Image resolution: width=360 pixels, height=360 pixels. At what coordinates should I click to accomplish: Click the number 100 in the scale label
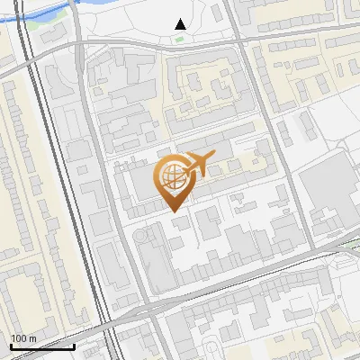click(19, 337)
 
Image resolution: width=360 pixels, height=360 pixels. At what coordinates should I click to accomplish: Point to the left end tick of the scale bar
click(10, 346)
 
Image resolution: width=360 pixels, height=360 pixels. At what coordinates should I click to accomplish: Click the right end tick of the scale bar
click(75, 346)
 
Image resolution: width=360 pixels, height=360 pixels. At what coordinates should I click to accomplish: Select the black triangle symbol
click(180, 24)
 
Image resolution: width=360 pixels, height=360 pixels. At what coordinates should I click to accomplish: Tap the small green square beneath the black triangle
click(180, 38)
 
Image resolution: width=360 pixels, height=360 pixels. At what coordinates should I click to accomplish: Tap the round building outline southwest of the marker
click(142, 236)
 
